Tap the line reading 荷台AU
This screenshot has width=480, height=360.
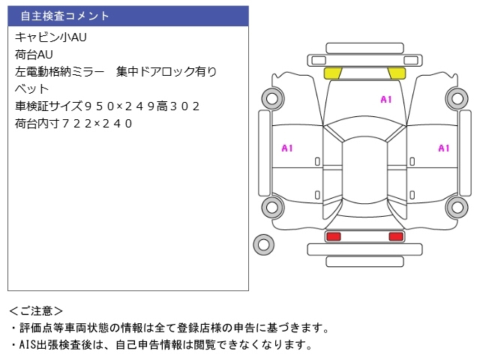[x=34, y=54]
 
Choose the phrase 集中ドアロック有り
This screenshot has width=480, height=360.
[x=166, y=72]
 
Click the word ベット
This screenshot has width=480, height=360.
[x=31, y=89]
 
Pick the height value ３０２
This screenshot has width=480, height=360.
[x=182, y=106]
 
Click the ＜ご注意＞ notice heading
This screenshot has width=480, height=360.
[x=36, y=310]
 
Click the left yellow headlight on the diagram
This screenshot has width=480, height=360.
[x=332, y=73]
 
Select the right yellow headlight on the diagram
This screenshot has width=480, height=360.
[x=396, y=73]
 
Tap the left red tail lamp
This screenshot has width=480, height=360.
[x=333, y=236]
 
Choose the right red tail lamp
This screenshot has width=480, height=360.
[x=395, y=236]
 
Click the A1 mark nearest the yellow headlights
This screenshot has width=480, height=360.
[x=386, y=99]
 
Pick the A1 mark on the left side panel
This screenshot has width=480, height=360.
[x=287, y=148]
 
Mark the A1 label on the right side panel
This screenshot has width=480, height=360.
[x=443, y=148]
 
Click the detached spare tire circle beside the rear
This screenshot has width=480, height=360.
[x=263, y=243]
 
